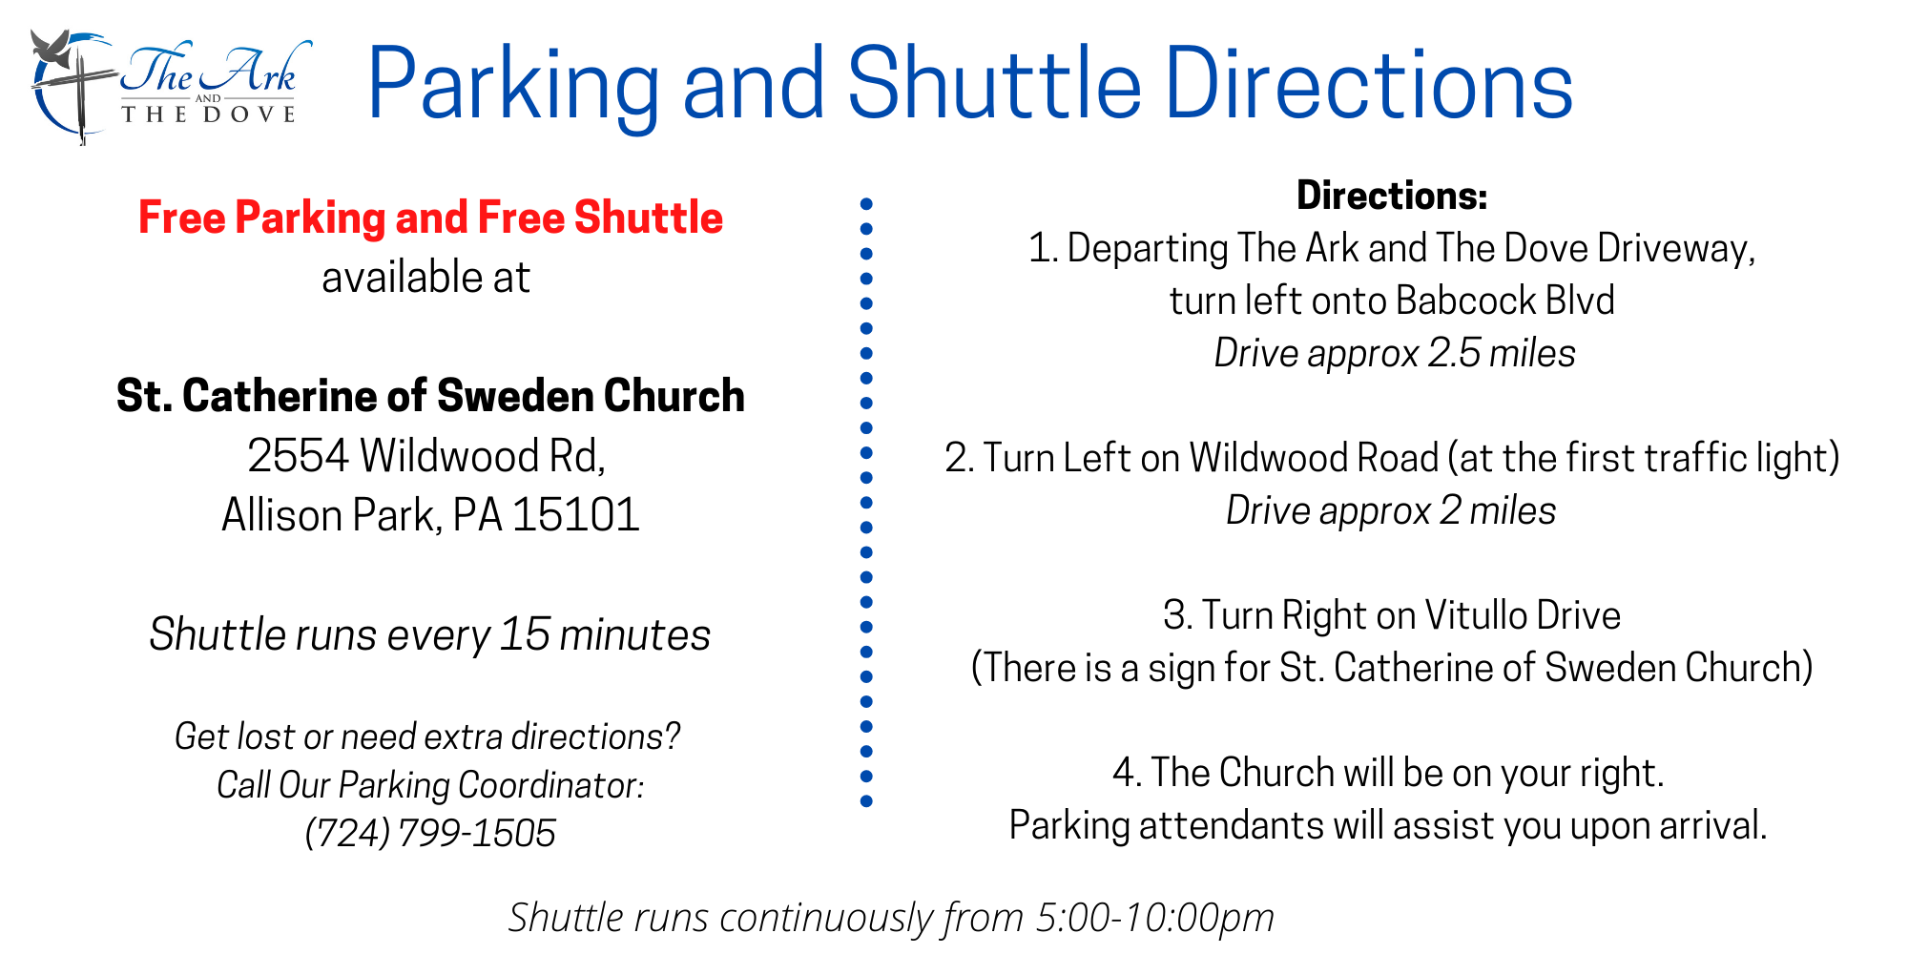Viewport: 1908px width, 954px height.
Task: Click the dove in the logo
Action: (52, 48)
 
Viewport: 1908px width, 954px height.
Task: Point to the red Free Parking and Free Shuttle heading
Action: (430, 218)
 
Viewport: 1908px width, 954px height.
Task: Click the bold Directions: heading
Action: (1392, 196)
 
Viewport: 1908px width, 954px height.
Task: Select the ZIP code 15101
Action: (575, 515)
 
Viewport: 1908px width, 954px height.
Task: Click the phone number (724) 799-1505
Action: (430, 833)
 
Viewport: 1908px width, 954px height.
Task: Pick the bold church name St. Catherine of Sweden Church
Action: (430, 396)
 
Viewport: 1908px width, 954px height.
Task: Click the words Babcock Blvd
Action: (1505, 301)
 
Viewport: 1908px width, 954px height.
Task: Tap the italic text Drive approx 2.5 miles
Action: (1394, 353)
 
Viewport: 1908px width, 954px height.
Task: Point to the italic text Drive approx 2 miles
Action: (1391, 510)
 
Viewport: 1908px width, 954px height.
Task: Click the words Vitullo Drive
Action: (1523, 615)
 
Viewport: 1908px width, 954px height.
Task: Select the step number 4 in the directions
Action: (1124, 773)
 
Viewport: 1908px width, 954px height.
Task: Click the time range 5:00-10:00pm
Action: (1154, 918)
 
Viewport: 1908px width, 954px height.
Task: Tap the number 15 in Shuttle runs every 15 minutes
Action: (524, 634)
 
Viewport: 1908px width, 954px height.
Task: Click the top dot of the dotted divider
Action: (866, 204)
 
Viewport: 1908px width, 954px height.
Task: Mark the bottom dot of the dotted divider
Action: (866, 801)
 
